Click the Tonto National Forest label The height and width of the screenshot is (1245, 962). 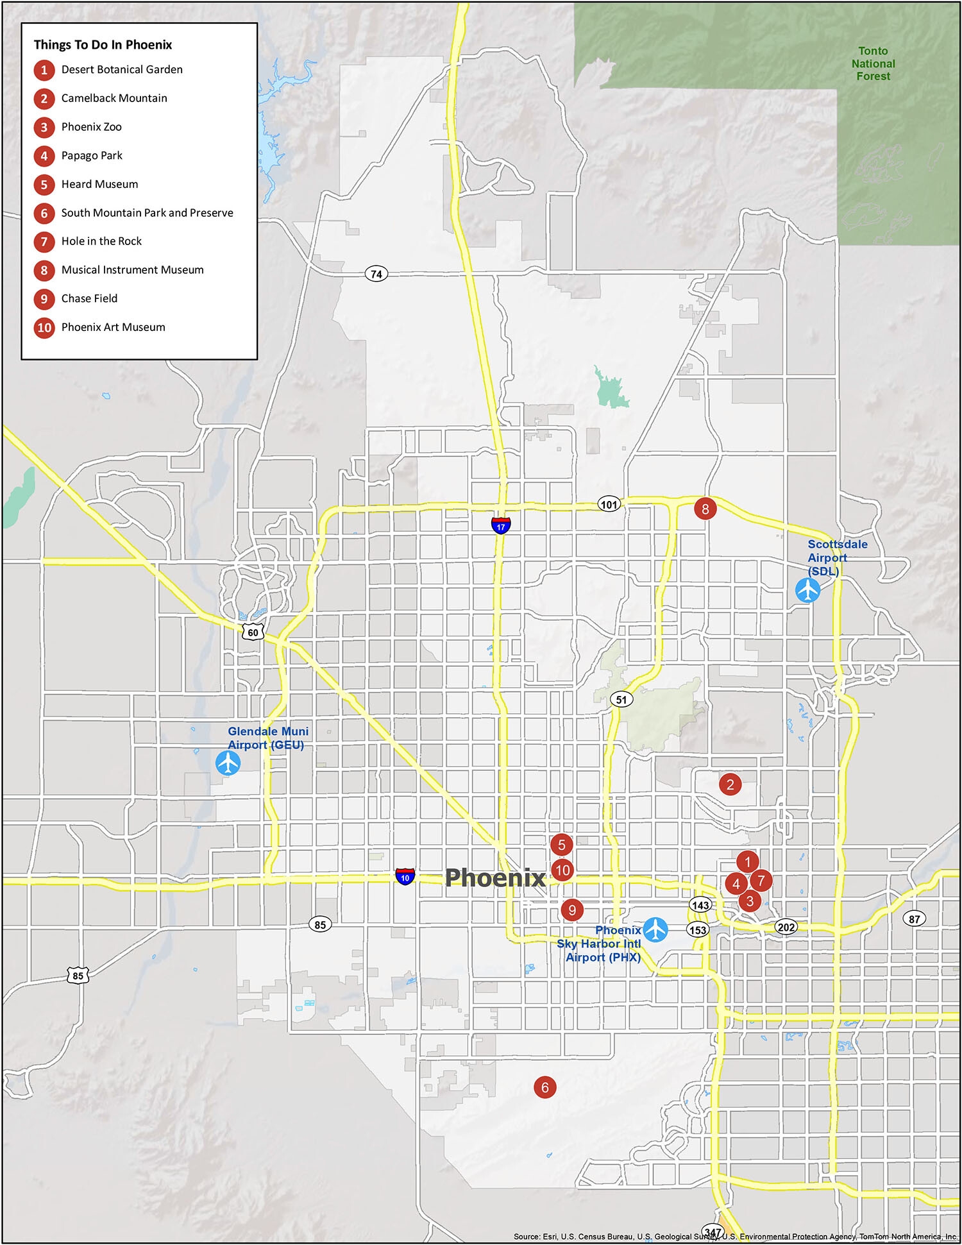click(873, 64)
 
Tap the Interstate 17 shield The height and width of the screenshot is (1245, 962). click(501, 525)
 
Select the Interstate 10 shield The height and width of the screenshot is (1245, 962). click(405, 876)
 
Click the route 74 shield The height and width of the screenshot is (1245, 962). click(376, 274)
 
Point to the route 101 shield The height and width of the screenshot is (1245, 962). click(609, 504)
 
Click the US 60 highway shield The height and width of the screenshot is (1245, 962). click(253, 632)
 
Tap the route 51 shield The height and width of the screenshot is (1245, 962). click(621, 699)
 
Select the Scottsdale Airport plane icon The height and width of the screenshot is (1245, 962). click(807, 590)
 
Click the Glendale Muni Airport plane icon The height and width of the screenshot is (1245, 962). click(228, 763)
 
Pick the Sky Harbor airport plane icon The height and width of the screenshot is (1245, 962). click(655, 929)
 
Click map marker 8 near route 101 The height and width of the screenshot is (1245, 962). click(705, 509)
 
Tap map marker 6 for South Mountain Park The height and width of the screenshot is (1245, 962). click(544, 1087)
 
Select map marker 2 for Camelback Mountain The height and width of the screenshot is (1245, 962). click(730, 784)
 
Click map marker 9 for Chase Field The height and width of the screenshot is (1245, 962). click(571, 910)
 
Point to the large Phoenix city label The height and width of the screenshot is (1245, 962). click(495, 877)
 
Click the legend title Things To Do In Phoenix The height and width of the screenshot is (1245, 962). click(103, 45)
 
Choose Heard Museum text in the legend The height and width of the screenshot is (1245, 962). click(99, 184)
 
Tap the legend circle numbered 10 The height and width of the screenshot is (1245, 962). click(44, 328)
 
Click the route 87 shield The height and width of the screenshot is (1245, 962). click(914, 919)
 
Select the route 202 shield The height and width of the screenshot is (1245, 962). click(786, 927)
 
